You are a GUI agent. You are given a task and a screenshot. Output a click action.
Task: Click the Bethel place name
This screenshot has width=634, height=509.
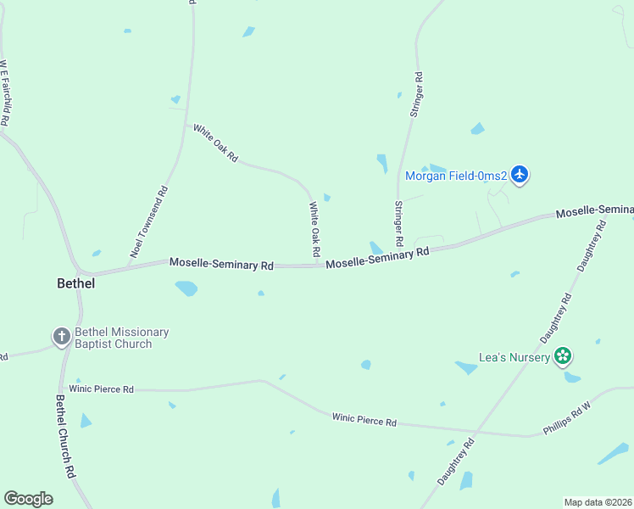coord(75,283)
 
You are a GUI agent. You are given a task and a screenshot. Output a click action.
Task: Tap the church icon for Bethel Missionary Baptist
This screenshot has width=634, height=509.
coord(61,338)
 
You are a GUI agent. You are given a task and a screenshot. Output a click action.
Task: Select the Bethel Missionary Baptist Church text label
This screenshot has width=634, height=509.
coord(121,338)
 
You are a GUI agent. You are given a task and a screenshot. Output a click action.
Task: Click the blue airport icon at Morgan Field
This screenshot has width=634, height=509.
coord(520,176)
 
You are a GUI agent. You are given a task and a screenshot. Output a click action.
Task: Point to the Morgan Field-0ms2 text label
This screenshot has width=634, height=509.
coord(456,176)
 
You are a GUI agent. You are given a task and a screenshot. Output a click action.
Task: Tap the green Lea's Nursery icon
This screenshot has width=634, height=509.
coord(563,357)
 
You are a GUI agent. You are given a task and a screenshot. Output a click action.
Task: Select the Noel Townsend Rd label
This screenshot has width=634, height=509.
coord(149,221)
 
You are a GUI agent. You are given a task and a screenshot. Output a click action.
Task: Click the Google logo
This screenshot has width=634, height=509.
coord(28,498)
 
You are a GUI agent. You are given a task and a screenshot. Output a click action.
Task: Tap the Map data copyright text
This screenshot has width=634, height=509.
coord(598,502)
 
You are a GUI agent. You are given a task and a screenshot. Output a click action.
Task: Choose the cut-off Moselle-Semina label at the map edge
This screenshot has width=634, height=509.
coord(595,210)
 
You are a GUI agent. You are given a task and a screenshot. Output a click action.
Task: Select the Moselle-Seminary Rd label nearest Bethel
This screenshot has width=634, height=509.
coord(221,264)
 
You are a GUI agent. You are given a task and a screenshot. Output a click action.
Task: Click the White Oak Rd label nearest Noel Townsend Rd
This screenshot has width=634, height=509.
coord(215,143)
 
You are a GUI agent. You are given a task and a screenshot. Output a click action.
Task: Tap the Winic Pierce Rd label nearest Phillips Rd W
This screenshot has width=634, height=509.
coord(364,419)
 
